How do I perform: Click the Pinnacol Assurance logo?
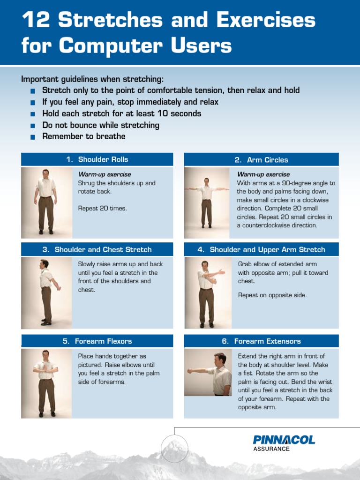coord(284,442)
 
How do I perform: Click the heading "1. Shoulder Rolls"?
coord(97,159)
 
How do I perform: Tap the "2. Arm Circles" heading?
coord(261,160)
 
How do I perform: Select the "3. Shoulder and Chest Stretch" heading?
coord(97,249)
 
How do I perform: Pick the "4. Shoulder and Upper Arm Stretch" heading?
coord(261,249)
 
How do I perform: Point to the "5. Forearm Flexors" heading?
coord(97,341)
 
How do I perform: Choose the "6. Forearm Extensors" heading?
coord(261,341)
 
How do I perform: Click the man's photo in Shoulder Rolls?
coord(46,202)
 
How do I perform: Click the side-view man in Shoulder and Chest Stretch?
coord(46,292)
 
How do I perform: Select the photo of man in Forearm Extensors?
coord(208,373)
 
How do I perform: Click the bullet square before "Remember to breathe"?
coord(32,137)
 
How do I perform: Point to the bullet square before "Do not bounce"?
coord(32,126)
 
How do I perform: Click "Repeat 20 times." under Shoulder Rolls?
coord(102,208)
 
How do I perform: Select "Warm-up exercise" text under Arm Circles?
coord(263,174)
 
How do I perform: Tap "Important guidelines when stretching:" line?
coord(92,79)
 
